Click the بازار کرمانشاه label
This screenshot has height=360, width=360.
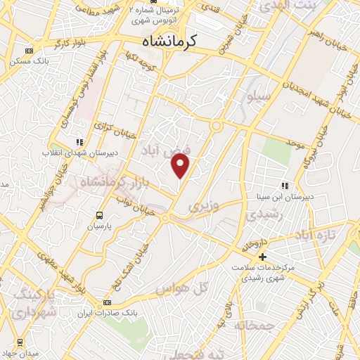(112, 184)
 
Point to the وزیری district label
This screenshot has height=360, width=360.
(204, 206)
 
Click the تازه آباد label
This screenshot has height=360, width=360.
(314, 233)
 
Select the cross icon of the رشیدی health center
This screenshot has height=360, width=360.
(262, 257)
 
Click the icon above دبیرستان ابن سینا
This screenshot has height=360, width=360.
(285, 186)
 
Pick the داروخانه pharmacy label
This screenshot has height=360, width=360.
(252, 245)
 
